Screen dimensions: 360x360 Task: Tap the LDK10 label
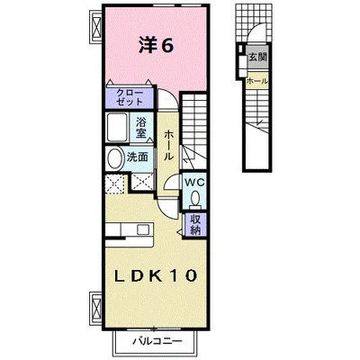click(156, 275)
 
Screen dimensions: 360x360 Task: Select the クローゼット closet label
click(130, 97)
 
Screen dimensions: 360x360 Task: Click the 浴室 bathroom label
click(140, 128)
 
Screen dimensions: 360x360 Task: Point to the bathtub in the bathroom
click(118, 127)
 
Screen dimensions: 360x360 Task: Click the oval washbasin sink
click(114, 157)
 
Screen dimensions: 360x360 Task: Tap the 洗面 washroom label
click(137, 157)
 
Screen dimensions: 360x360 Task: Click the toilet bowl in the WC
click(195, 199)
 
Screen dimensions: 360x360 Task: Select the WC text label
click(194, 182)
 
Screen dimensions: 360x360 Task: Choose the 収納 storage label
click(194, 225)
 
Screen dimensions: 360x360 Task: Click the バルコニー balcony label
click(157, 341)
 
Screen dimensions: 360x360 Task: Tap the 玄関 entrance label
click(257, 58)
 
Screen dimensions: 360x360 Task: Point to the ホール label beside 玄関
click(257, 81)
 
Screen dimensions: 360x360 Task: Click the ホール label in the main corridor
click(168, 145)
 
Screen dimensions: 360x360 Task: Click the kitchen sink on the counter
click(143, 229)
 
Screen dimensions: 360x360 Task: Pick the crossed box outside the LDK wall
click(96, 306)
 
